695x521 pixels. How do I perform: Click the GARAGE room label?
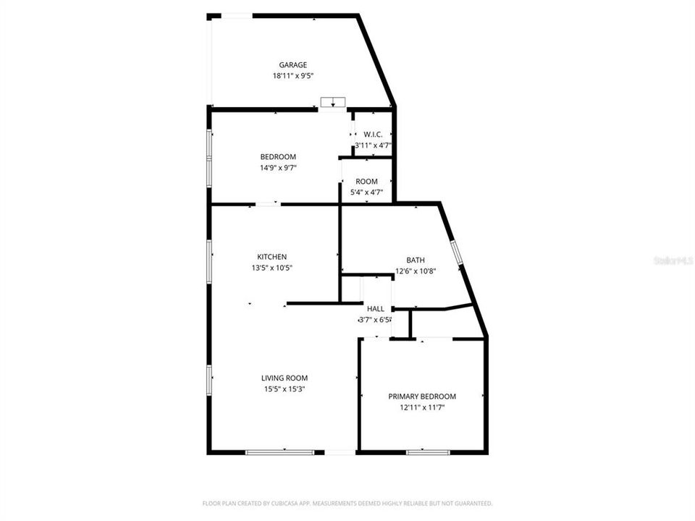[x=293, y=65]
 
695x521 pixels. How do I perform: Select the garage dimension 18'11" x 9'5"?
[x=293, y=75]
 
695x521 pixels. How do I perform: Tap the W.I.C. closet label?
[x=373, y=135]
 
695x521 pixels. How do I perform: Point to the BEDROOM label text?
[x=278, y=157]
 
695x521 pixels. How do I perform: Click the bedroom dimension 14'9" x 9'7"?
[x=278, y=167]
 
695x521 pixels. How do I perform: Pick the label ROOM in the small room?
[x=367, y=182]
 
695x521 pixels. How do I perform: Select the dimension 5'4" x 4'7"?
[x=367, y=192]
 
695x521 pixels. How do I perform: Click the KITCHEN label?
[x=272, y=257]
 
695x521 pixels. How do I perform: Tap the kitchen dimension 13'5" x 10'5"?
[x=272, y=267]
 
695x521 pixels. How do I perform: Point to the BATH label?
[x=416, y=260]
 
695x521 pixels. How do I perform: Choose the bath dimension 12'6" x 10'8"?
[x=416, y=271]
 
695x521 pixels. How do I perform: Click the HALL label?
[x=376, y=309]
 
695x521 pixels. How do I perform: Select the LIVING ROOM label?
[x=285, y=378]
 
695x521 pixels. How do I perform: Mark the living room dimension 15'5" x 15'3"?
[x=285, y=389]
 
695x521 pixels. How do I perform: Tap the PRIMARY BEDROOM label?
[x=422, y=397]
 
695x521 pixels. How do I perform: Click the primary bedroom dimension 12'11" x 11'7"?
[x=422, y=407]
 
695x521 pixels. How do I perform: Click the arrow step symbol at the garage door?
[x=332, y=101]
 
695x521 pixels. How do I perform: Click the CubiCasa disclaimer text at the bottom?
[x=347, y=503]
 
